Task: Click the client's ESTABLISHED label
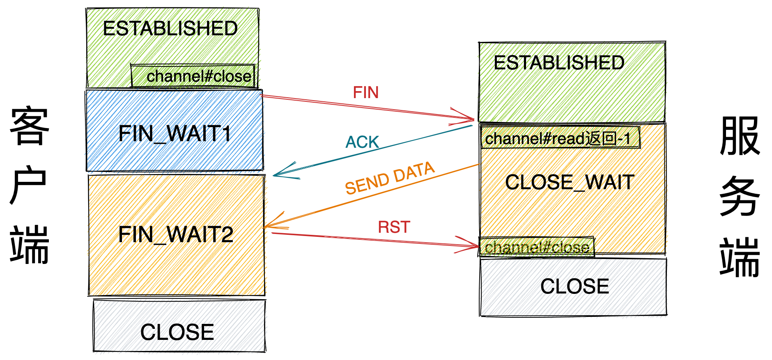(x=170, y=29)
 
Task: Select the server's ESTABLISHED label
(x=558, y=63)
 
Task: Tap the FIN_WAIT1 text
(x=175, y=134)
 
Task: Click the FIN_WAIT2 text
(x=176, y=235)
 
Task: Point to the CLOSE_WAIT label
(x=570, y=182)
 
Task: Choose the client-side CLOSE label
(x=177, y=332)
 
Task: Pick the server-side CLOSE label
(x=574, y=287)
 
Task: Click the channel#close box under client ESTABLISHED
(x=193, y=76)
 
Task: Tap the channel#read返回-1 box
(x=560, y=138)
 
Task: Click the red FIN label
(x=365, y=92)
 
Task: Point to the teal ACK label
(x=362, y=142)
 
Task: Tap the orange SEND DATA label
(x=389, y=178)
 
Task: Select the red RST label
(x=394, y=227)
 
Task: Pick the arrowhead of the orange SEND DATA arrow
(x=268, y=225)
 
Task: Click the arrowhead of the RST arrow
(x=476, y=246)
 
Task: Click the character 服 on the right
(x=740, y=135)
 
